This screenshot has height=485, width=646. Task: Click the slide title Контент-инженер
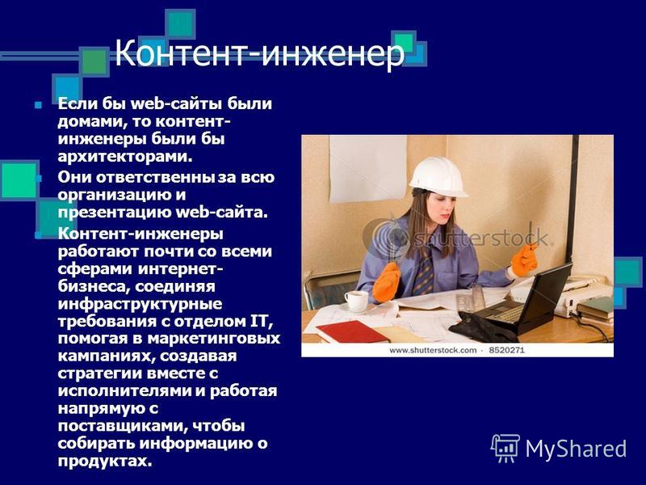[x=259, y=53]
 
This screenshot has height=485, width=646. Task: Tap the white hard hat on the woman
[x=438, y=177]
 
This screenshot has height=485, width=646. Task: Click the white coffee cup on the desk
[x=356, y=301]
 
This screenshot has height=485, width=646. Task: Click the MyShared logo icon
[x=505, y=448]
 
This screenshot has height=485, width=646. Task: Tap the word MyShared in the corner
[x=576, y=449]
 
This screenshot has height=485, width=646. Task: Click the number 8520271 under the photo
[x=506, y=350]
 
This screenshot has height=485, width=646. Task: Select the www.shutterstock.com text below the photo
[x=433, y=350]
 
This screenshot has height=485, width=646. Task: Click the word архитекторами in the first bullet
[x=125, y=156]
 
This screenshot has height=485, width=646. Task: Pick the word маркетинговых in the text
[x=213, y=338]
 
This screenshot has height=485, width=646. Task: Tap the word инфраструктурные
[x=140, y=305]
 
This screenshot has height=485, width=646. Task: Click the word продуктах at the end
[x=105, y=461]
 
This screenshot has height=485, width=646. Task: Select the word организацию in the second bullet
[x=116, y=195]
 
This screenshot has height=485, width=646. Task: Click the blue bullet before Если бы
[x=38, y=105]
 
